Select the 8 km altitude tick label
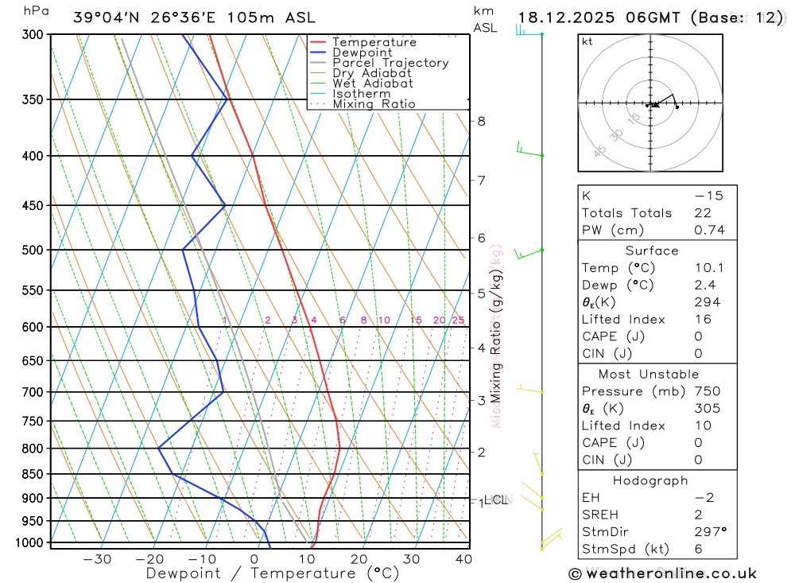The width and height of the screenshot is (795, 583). [x=481, y=121]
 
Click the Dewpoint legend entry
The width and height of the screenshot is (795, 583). [x=362, y=52]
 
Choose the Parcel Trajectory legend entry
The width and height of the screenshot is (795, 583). [x=390, y=63]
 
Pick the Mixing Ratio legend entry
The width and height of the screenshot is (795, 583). [x=374, y=104]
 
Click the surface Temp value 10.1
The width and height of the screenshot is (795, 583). [x=706, y=268]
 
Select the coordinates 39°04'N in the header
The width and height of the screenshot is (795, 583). [x=103, y=17]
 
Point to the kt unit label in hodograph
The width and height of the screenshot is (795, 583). [x=588, y=41]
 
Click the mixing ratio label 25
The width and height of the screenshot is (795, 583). [x=458, y=321]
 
